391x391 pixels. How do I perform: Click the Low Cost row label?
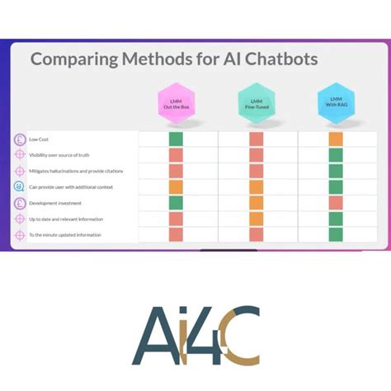[39, 139]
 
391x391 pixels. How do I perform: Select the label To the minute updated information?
[65, 235]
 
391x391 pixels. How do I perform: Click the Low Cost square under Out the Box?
[176, 139]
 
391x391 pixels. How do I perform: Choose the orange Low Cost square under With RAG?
[336, 139]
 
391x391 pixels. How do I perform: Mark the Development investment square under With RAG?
[336, 203]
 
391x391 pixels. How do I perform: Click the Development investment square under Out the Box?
[176, 203]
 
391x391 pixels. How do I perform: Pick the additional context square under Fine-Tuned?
[256, 187]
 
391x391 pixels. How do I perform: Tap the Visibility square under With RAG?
[336, 155]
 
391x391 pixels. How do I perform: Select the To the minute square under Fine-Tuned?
[256, 235]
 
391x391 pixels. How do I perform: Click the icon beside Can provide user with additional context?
[20, 187]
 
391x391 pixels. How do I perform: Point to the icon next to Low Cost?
[20, 139]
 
